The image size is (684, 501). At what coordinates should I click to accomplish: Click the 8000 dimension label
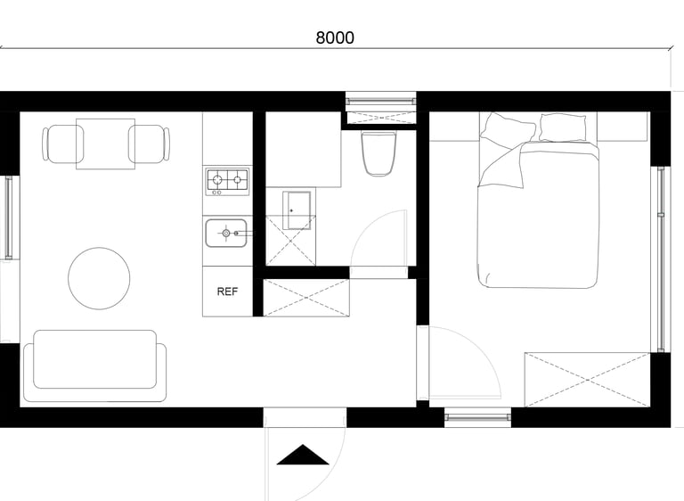coord(335,38)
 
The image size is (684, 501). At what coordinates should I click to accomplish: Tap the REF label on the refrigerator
coord(227,292)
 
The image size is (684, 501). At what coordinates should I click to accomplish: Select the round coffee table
coord(99,278)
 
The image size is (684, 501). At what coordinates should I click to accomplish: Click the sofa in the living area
coord(94,366)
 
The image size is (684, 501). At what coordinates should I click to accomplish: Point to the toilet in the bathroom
coord(379,153)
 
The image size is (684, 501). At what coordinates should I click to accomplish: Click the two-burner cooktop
coord(227,182)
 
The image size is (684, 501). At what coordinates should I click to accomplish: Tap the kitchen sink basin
coord(226,234)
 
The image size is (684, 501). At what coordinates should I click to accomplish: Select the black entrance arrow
coord(302,455)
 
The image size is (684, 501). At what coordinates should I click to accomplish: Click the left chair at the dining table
coord(62,144)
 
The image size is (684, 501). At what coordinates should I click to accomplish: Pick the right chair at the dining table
coord(149,144)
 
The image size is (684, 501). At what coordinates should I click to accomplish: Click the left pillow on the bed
coord(509,129)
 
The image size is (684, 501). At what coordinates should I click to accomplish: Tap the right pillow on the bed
coord(563,127)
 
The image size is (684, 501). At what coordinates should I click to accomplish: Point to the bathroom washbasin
coord(297,210)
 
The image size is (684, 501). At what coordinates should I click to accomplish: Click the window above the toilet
coord(381,102)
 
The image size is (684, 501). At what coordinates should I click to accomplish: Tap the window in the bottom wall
coord(477,417)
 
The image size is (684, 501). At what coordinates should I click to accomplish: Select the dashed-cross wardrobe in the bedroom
coord(588,380)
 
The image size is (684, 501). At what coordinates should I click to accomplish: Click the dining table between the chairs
coord(106,144)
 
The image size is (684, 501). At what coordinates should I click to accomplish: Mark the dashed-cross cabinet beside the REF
coord(306,298)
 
